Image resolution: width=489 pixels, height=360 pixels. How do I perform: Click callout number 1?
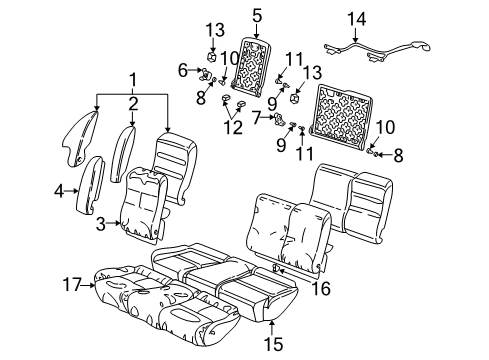point(130,80)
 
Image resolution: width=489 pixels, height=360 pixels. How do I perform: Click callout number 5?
point(256,15)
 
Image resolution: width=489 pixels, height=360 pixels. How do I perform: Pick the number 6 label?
point(183,70)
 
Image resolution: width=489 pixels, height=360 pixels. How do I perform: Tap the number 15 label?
point(275,344)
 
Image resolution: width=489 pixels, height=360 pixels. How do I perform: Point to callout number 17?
point(71,285)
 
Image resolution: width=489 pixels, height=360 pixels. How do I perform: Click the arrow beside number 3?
point(116,225)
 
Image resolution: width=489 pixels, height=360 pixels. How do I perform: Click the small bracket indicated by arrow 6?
point(202,72)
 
